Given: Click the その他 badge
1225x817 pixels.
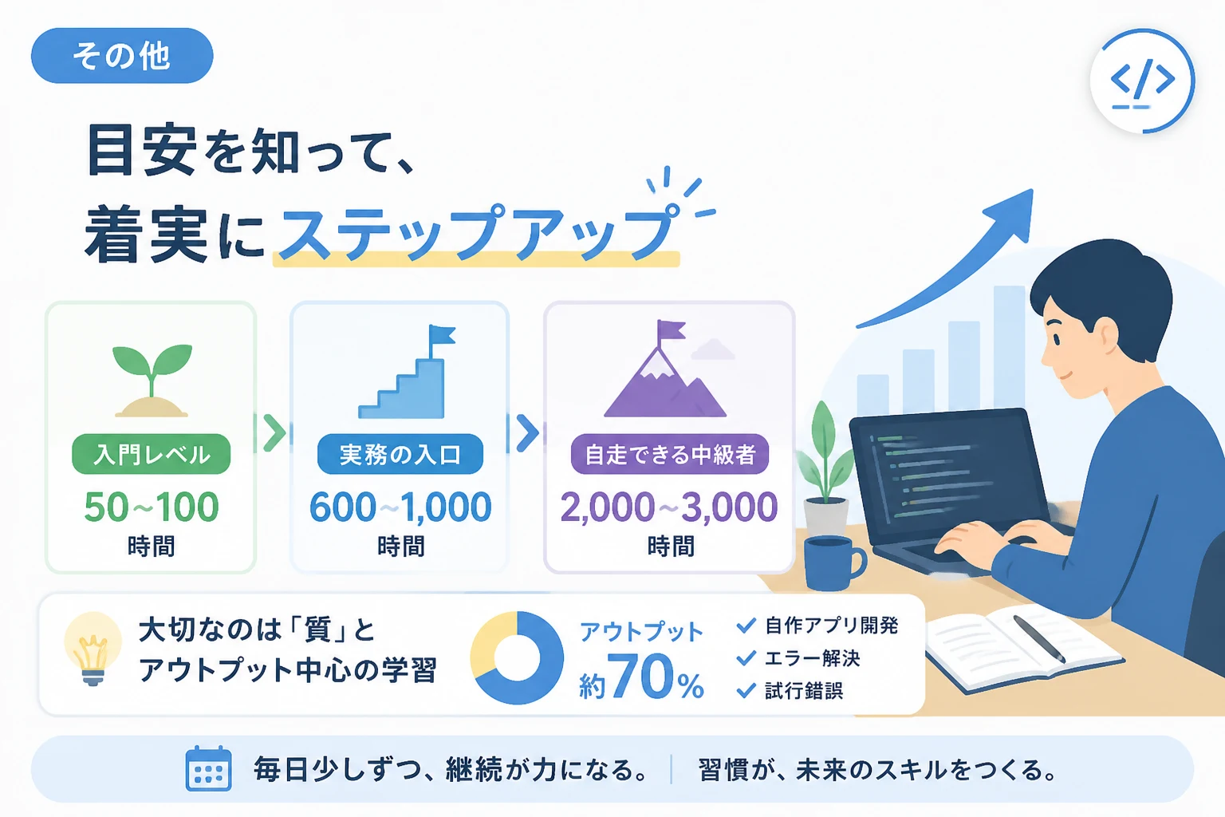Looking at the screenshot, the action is tap(122, 56).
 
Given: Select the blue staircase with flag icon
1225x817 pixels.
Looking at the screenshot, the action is tap(407, 372).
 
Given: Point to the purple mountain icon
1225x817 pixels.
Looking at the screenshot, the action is tap(666, 369).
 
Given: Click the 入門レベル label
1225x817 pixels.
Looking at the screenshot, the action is tap(152, 454).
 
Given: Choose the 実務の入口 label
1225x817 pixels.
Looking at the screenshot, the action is tap(400, 454).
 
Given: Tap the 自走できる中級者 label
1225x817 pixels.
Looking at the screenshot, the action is tap(670, 454).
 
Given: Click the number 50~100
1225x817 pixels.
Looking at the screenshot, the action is tap(152, 507).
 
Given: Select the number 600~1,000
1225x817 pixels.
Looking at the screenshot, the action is tap(400, 507).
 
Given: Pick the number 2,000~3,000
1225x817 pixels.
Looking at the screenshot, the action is tap(669, 507).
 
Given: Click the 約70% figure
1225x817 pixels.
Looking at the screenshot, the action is tap(642, 677).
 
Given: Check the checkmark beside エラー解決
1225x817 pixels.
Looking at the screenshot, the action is tap(746, 657).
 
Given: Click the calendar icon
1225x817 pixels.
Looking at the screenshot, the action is tap(208, 768).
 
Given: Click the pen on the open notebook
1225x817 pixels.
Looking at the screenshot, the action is tap(1040, 639).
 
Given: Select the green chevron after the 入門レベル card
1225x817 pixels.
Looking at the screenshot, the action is tap(274, 433).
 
